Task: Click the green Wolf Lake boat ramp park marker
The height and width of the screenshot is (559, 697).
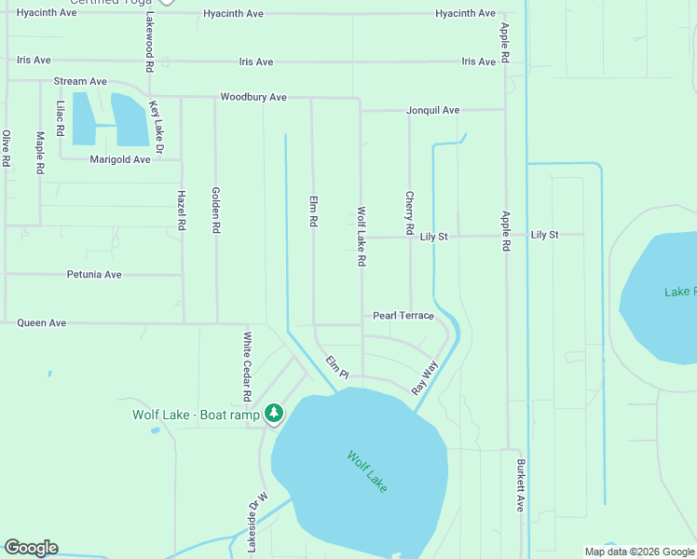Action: (x=273, y=412)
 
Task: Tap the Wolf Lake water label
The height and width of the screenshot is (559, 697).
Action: (x=366, y=472)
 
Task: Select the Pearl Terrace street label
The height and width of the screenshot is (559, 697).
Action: (x=403, y=316)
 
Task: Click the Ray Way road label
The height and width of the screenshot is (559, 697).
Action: (x=424, y=378)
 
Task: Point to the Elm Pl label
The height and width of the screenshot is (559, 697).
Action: (x=336, y=367)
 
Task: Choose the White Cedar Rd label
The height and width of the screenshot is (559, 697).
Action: (x=248, y=366)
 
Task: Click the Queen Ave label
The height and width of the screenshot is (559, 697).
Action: (x=42, y=323)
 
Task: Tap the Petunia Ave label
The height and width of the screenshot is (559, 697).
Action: (x=94, y=275)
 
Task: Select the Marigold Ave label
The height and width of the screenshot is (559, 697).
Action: (x=120, y=159)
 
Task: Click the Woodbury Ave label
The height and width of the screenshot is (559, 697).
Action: (x=253, y=97)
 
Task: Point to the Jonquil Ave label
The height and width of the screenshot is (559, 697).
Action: (x=432, y=110)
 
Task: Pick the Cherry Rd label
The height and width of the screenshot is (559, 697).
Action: (x=409, y=212)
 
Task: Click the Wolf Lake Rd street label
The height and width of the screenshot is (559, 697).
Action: (x=362, y=237)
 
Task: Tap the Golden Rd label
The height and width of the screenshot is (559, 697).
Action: (x=216, y=210)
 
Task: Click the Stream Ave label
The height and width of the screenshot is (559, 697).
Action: (x=80, y=82)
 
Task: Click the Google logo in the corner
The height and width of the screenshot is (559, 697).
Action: (x=31, y=548)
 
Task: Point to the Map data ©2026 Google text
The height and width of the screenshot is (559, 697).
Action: (x=638, y=552)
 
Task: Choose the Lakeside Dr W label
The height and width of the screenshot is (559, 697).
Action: (x=251, y=522)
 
